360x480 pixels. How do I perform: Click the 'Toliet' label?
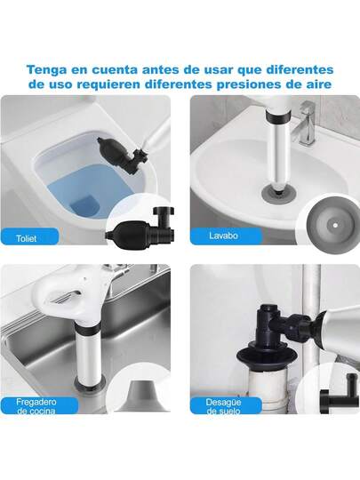(27, 238)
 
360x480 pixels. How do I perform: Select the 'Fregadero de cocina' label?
(36, 406)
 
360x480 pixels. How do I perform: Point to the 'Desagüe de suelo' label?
(223, 406)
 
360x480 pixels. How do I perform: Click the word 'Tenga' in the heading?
(46, 70)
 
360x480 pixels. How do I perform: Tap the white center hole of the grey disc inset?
(335, 225)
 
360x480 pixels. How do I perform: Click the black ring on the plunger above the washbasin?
(278, 116)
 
